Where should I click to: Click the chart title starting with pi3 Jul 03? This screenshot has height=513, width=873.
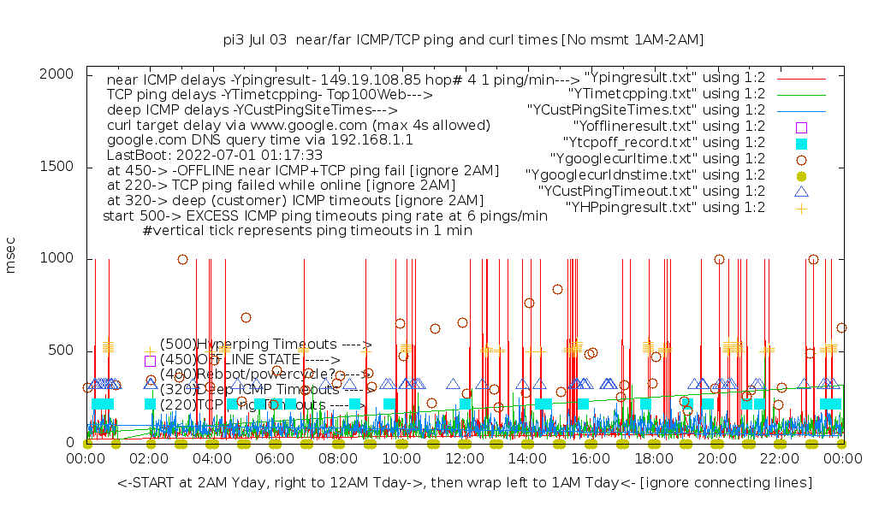[x=463, y=39]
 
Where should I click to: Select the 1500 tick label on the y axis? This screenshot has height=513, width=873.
[x=56, y=167]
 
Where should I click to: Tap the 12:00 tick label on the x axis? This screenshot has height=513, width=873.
[x=463, y=459]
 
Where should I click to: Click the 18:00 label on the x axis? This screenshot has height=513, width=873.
[x=652, y=459]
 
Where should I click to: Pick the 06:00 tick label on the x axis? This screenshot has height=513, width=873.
[x=274, y=459]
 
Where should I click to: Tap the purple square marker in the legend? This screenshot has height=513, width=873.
[x=801, y=127]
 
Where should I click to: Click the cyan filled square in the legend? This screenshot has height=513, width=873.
[x=801, y=143]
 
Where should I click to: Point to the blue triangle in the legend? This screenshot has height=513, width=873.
[x=801, y=191]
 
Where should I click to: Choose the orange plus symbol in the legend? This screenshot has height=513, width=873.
[x=801, y=207]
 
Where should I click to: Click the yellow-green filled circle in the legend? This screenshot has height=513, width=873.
[x=801, y=174]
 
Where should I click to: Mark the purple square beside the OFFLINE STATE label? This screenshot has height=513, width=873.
[x=150, y=361]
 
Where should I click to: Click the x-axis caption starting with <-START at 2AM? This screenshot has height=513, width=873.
[x=465, y=483]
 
